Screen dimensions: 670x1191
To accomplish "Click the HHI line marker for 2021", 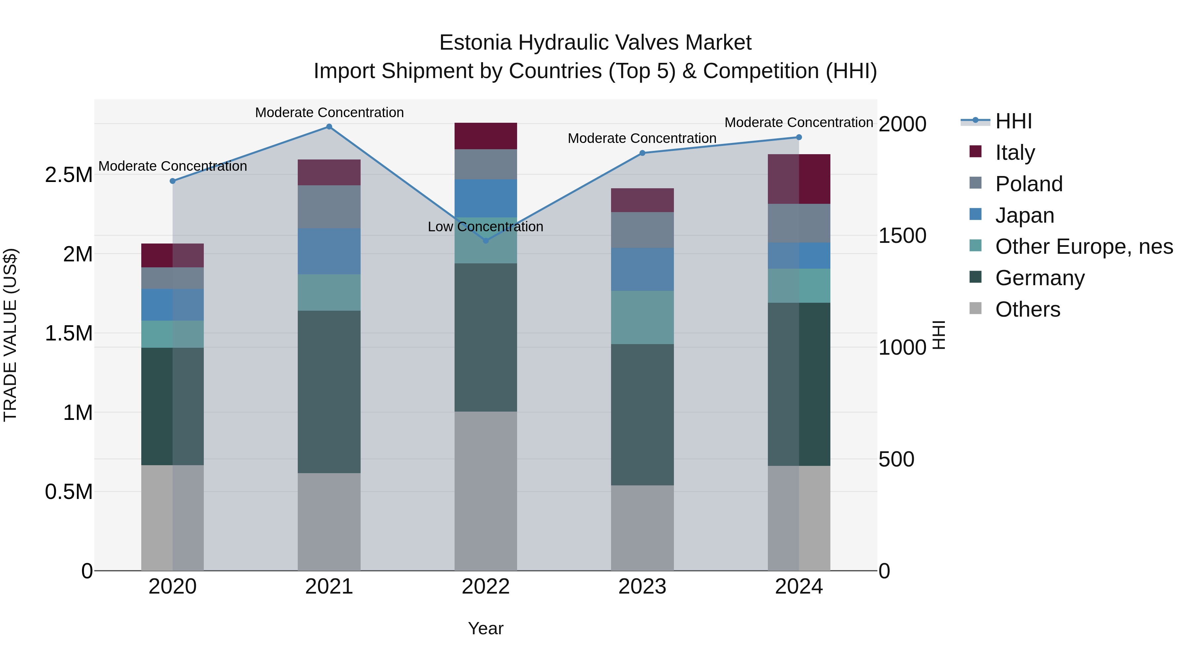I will click(x=329, y=127).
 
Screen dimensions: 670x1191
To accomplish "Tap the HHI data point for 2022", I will click(x=485, y=241).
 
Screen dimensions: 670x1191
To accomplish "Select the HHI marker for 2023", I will click(x=642, y=153).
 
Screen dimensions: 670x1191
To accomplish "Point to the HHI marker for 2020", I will click(x=172, y=181).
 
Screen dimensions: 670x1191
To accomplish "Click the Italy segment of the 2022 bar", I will click(x=485, y=136).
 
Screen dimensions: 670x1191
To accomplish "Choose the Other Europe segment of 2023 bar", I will click(x=642, y=317).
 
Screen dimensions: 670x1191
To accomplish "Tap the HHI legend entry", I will click(x=1013, y=121).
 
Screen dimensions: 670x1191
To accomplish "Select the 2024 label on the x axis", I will click(x=799, y=587).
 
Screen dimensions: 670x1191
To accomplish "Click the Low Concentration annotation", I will click(x=485, y=227).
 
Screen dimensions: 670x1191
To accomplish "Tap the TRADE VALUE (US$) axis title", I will click(x=10, y=335).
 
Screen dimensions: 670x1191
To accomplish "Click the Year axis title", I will click(x=485, y=628).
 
